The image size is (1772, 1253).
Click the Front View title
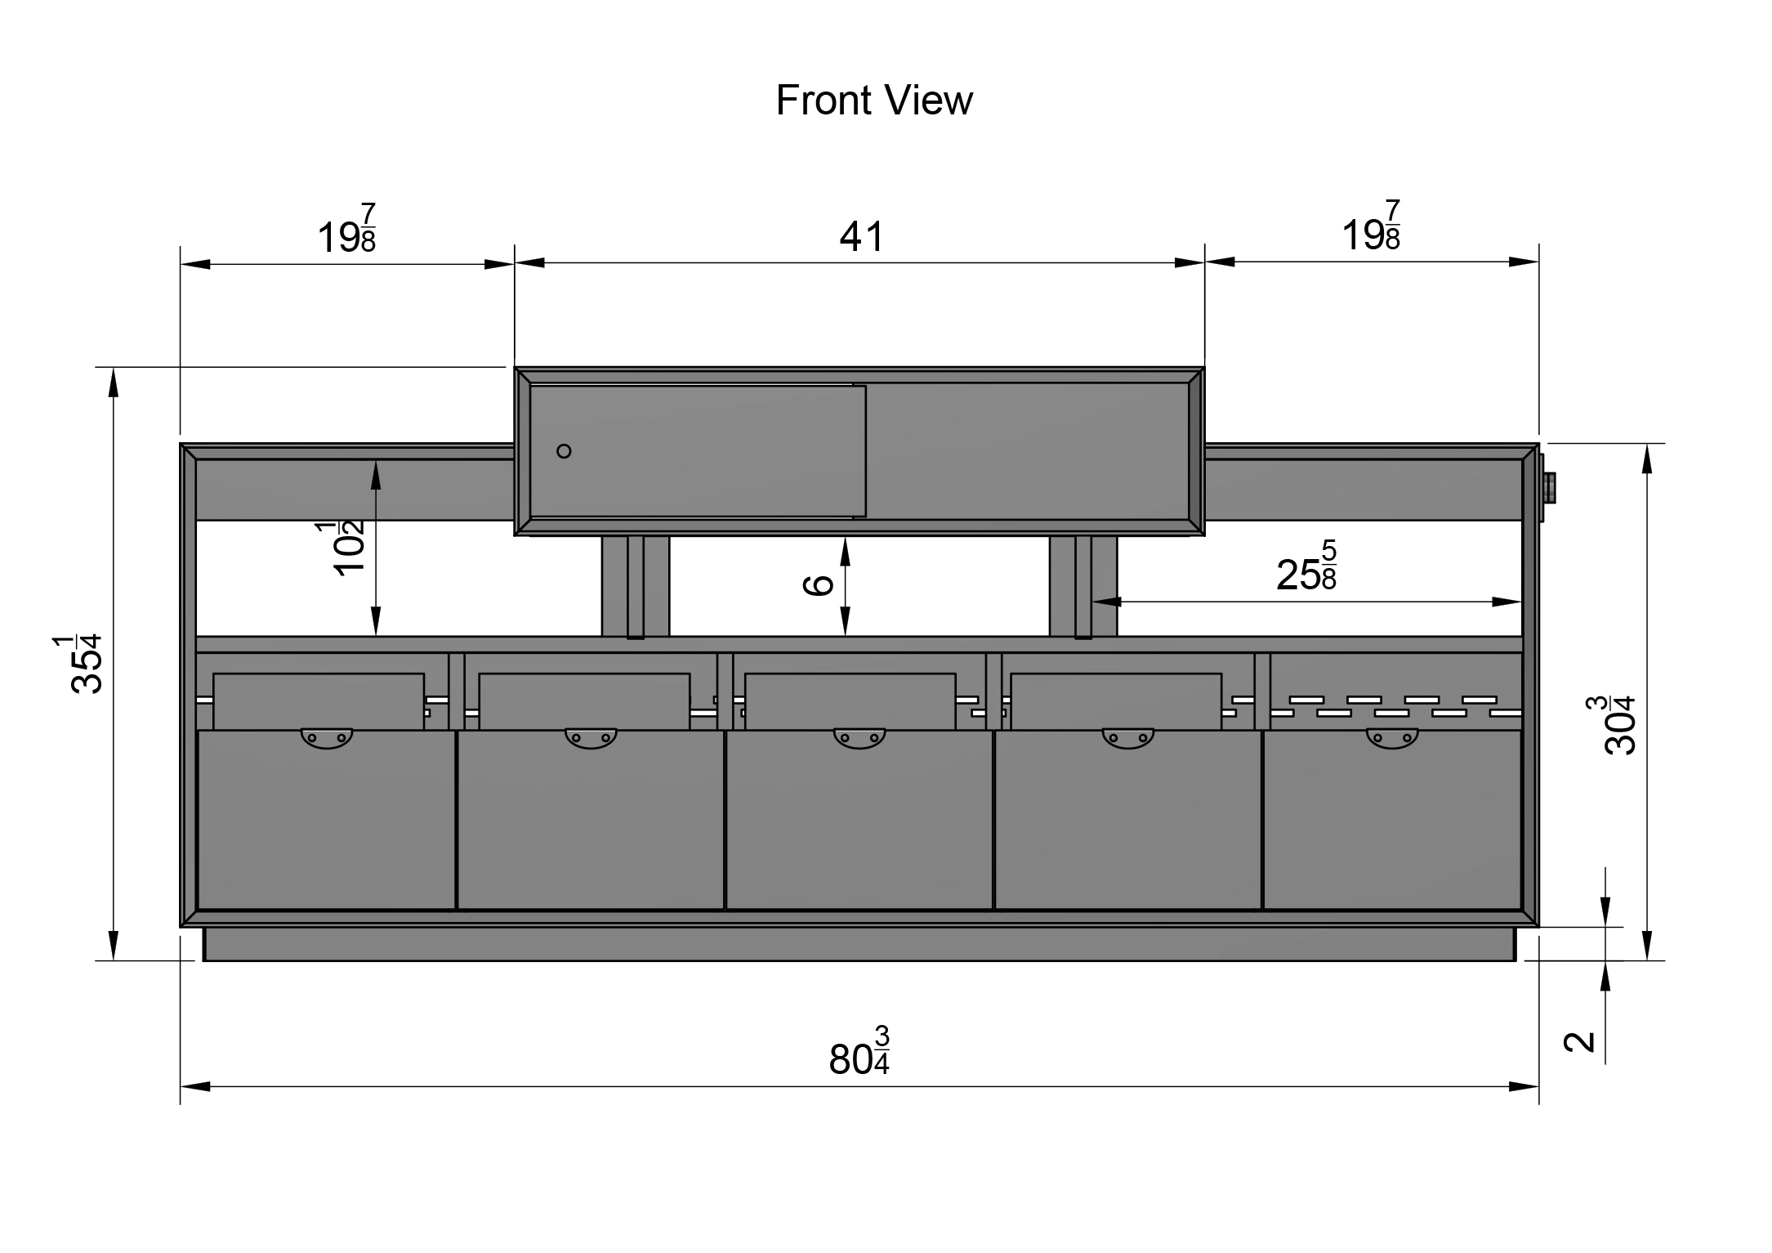pyautogui.click(x=873, y=101)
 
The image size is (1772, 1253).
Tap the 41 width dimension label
pyautogui.click(x=862, y=237)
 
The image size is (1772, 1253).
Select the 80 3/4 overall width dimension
pyautogui.click(x=859, y=1050)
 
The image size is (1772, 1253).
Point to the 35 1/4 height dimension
pyautogui.click(x=85, y=663)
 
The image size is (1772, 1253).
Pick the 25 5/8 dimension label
pyautogui.click(x=1306, y=566)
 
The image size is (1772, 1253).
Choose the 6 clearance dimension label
pyautogui.click(x=818, y=584)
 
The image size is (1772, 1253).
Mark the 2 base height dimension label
pyautogui.click(x=1579, y=1041)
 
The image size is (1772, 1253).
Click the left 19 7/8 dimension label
pyautogui.click(x=346, y=229)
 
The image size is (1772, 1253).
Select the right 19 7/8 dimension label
pyautogui.click(x=1371, y=226)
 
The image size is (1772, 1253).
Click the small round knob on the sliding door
pyautogui.click(x=564, y=451)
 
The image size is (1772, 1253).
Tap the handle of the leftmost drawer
pyautogui.click(x=327, y=738)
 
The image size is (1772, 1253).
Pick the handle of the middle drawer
pyautogui.click(x=859, y=738)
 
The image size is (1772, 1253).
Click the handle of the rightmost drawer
pyautogui.click(x=1392, y=738)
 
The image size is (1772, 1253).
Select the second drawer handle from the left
pyautogui.click(x=591, y=738)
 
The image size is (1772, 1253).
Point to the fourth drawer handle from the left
pyautogui.click(x=1128, y=738)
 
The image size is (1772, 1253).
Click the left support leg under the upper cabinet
pyautogui.click(x=636, y=586)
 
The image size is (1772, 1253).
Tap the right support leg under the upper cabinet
pyautogui.click(x=1083, y=586)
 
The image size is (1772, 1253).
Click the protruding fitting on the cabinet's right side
pyautogui.click(x=1547, y=488)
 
